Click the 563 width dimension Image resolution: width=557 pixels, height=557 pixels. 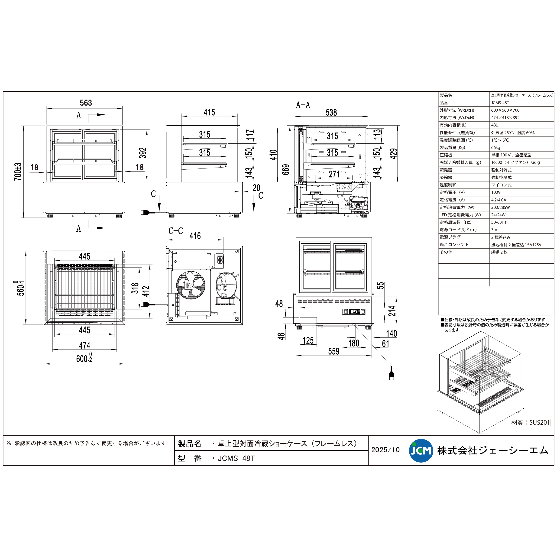(86, 103)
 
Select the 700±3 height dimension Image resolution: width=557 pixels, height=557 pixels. (18, 172)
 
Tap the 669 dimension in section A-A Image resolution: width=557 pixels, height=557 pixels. (285, 169)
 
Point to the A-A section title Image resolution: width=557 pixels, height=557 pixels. (303, 105)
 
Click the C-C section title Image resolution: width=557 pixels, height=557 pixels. (176, 231)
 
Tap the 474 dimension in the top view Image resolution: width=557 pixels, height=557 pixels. (84, 345)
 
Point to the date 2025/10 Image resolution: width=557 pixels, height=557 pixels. (385, 450)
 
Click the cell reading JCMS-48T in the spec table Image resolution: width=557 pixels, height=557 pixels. (500, 103)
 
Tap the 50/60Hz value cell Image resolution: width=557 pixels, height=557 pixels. (499, 222)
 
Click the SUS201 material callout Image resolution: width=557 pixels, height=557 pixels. (531, 422)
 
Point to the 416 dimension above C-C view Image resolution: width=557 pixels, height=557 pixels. (195, 236)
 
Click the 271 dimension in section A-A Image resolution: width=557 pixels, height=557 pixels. (334, 174)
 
